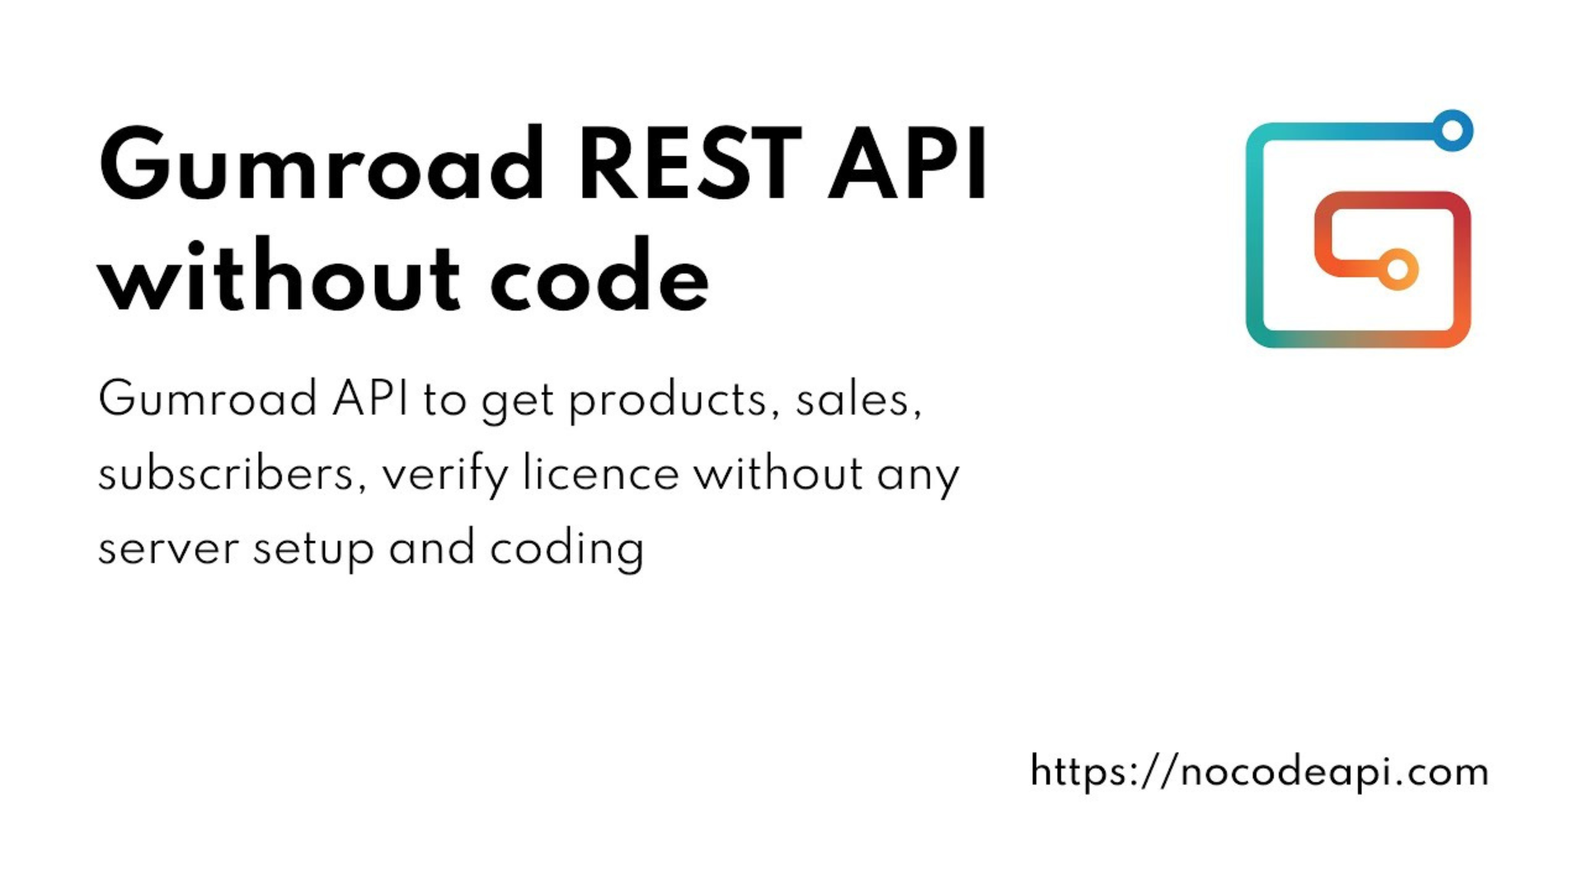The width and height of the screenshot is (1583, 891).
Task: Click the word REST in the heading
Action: point(690,164)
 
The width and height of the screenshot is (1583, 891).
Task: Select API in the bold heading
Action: point(908,164)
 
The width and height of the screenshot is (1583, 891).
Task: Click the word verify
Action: point(446,477)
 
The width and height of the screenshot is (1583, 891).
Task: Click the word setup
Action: point(313,551)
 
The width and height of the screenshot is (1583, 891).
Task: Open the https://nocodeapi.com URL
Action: point(1260,772)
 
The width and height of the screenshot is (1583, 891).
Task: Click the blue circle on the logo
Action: point(1452,130)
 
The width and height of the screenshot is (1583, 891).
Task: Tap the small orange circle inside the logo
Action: point(1397,270)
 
